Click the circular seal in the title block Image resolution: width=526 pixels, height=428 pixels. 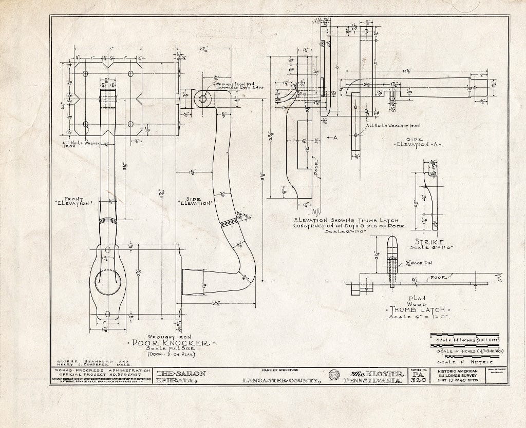(333, 375)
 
